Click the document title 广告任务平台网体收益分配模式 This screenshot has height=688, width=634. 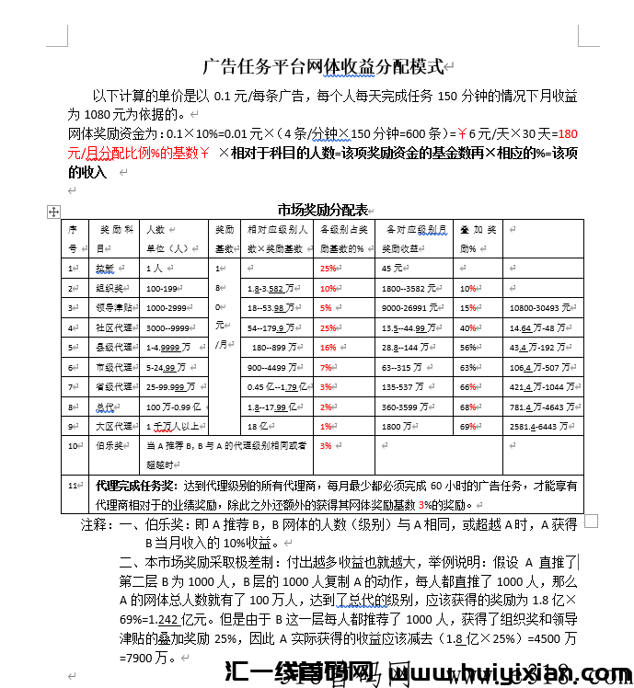coord(322,66)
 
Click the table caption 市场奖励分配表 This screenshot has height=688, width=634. coord(322,209)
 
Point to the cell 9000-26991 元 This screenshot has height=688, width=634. coord(415,308)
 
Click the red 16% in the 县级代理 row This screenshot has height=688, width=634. coord(328,348)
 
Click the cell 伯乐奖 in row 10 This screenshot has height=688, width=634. coord(109,445)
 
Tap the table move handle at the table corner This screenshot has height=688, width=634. coord(53,212)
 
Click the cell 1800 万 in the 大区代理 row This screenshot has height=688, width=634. coord(399,426)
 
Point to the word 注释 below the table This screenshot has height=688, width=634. coord(94,524)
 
